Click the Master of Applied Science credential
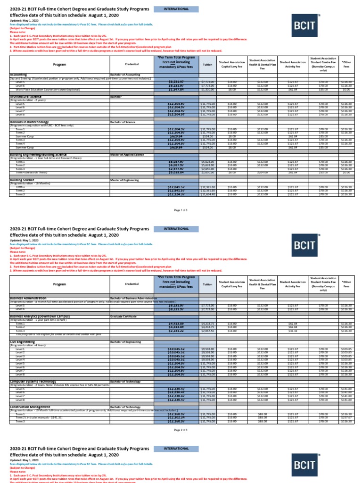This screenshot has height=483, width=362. (127, 154)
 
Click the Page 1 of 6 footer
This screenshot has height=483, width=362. (181, 209)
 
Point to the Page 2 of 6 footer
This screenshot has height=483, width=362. (181, 430)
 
